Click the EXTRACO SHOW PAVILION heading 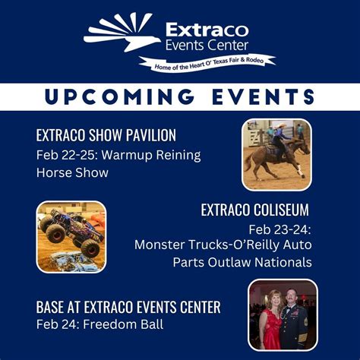pos(106,136)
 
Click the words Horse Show pos(72,172)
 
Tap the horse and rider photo pos(276,153)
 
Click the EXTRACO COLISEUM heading pos(254,210)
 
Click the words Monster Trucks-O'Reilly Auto pos(223,245)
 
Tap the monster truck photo pos(71,235)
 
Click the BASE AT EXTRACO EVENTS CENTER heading pos(128,308)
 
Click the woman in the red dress pos(270,327)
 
